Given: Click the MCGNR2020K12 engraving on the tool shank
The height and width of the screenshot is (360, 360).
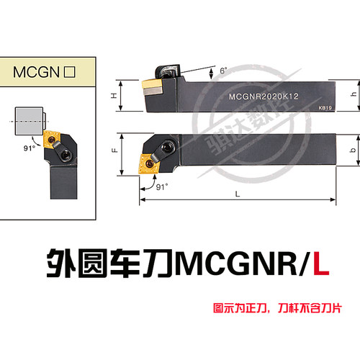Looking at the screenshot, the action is (x=264, y=96).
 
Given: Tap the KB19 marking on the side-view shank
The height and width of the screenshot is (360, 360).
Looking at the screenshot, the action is (x=325, y=108).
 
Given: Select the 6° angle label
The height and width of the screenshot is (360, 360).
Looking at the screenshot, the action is (x=223, y=71).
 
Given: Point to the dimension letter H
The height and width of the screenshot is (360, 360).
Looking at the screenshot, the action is (x=114, y=96).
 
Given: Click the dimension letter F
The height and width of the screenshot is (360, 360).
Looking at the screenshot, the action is (x=115, y=150).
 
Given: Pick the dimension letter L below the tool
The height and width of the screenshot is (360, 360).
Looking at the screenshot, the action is (x=238, y=194).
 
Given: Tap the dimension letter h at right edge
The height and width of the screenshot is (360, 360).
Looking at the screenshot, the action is (x=354, y=94).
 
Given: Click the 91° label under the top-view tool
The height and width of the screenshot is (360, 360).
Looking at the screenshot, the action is (x=162, y=186).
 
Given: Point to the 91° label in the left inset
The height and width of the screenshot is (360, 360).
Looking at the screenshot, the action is (x=30, y=148).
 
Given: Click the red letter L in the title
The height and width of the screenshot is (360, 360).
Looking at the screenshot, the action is (x=321, y=264).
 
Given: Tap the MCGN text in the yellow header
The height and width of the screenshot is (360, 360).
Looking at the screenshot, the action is (x=36, y=72).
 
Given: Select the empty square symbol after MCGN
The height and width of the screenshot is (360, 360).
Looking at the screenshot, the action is (x=70, y=72).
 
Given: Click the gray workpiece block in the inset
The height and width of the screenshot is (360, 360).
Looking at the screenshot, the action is (x=29, y=121).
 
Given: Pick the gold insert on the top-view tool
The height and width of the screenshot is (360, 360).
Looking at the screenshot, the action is (x=149, y=163).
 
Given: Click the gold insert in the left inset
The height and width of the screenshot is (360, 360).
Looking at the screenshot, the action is (x=52, y=139).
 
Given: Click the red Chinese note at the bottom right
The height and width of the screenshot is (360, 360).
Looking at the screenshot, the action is (x=277, y=308).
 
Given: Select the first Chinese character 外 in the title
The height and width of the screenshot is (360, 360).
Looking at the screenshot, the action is (x=61, y=264).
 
